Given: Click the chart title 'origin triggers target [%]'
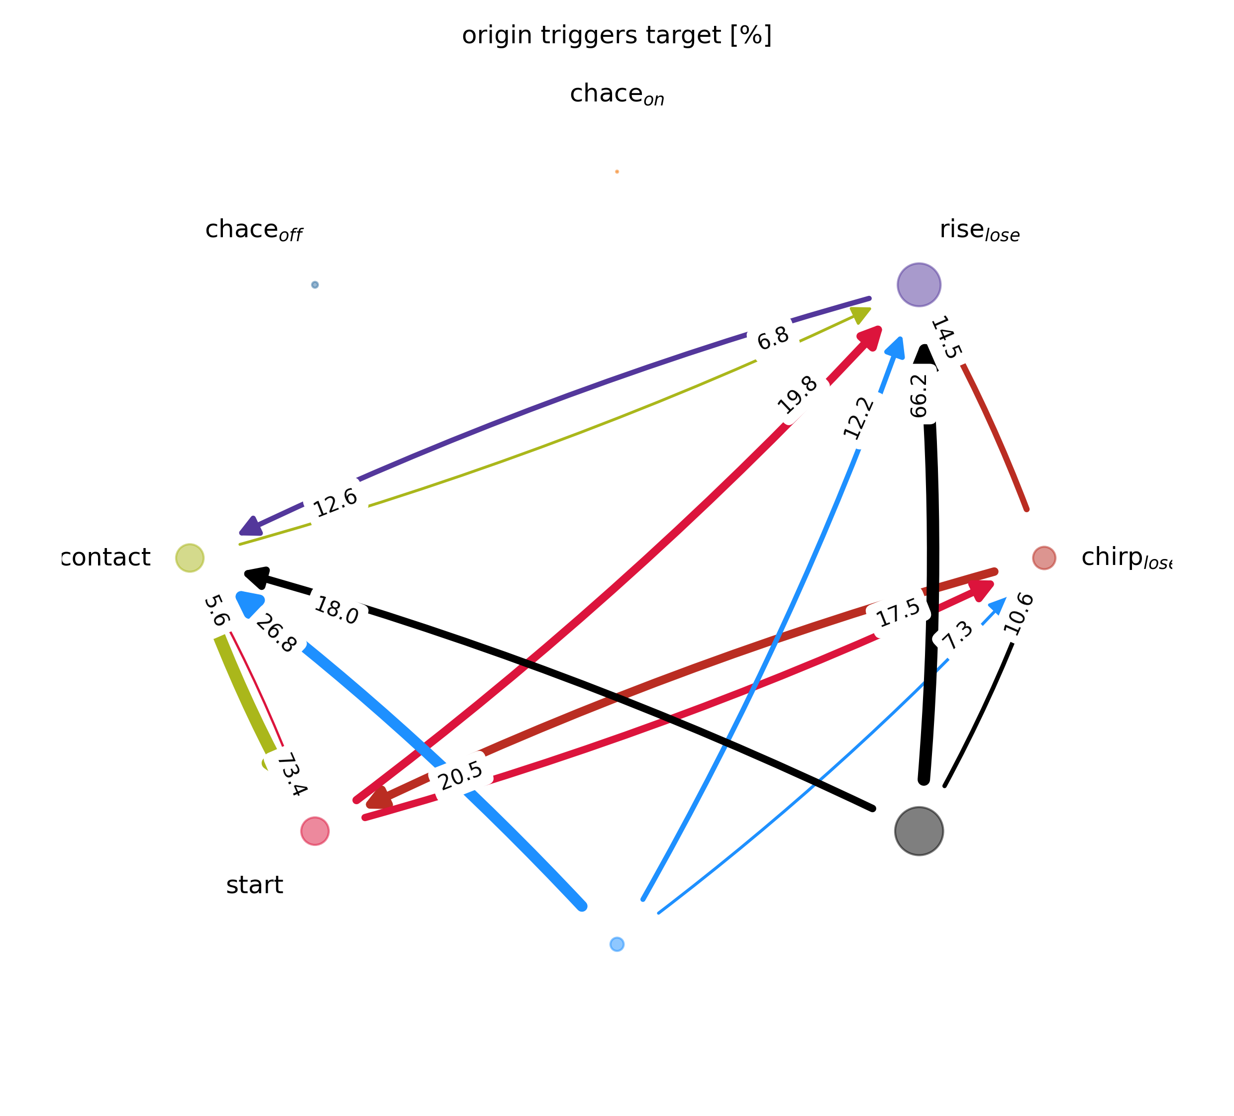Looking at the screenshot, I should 617,35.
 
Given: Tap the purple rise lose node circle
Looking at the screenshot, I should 918,284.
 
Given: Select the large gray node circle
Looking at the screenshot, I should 918,831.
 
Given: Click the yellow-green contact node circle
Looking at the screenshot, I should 190,558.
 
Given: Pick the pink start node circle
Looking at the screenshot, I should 314,831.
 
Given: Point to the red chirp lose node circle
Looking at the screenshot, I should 1043,558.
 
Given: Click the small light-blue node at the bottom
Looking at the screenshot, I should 617,944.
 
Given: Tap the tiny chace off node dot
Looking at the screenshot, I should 314,284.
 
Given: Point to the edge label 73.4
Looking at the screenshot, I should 292,774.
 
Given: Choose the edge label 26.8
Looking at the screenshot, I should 276,633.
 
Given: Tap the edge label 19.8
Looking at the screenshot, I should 797,395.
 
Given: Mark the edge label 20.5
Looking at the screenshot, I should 461,776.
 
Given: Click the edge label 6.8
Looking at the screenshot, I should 772,338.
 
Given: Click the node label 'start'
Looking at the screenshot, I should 255,885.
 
